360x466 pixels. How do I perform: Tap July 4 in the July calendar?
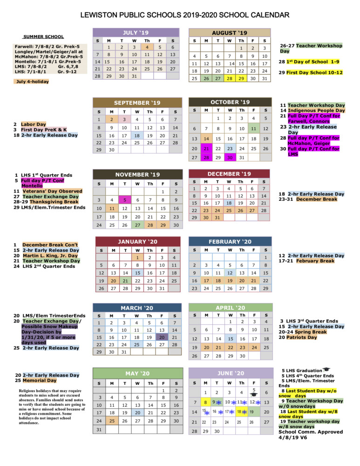(147, 47)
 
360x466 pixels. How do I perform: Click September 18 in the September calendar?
(137, 135)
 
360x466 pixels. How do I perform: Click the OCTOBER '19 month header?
(230, 102)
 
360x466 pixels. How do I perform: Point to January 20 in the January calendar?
(112, 281)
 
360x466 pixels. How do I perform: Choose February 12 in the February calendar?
(230, 272)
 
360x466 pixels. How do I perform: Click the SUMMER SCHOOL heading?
(44, 36)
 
